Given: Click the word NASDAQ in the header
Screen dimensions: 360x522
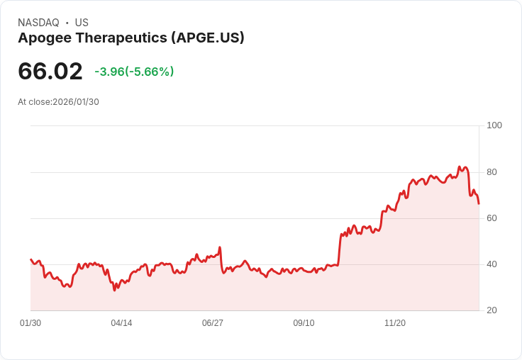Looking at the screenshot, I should pyautogui.click(x=38, y=23).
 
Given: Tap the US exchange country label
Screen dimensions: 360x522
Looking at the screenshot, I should pyautogui.click(x=82, y=23).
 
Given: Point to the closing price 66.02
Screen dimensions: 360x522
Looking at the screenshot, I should pyautogui.click(x=50, y=71).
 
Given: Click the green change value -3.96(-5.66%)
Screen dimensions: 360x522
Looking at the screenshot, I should pyautogui.click(x=134, y=72).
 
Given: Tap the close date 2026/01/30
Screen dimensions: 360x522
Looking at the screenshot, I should pyautogui.click(x=76, y=102).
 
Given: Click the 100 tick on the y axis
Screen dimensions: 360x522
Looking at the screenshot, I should pyautogui.click(x=494, y=125).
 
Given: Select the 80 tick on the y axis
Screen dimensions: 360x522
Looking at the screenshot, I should pyautogui.click(x=492, y=172).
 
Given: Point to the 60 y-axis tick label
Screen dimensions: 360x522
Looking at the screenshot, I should pyautogui.click(x=492, y=218).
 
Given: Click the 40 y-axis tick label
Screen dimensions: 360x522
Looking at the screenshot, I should pyautogui.click(x=492, y=264).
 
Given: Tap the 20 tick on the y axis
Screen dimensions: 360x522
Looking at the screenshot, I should pyautogui.click(x=492, y=310).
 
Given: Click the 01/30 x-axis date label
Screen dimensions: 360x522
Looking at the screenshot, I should pyautogui.click(x=30, y=323).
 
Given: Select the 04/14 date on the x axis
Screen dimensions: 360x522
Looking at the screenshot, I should pyautogui.click(x=121, y=323).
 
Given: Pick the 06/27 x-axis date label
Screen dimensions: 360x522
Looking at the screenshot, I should pyautogui.click(x=213, y=323).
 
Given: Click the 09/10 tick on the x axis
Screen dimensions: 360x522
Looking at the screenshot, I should pyautogui.click(x=304, y=323).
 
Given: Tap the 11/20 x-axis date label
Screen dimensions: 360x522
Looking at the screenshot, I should pyautogui.click(x=395, y=323).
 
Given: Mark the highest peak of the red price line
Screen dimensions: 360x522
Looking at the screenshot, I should pyautogui.click(x=460, y=167).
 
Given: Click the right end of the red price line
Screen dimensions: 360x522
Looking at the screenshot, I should pyautogui.click(x=479, y=203).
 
